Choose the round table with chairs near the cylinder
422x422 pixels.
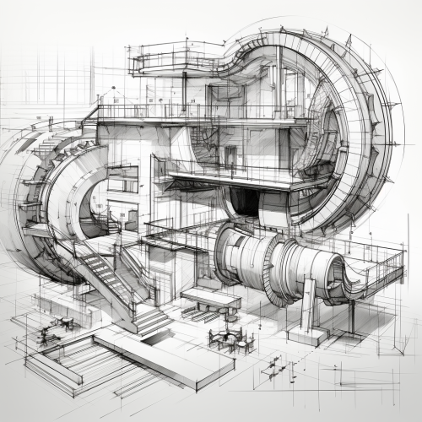230,339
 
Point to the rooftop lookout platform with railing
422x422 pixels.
173,59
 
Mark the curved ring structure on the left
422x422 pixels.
42,194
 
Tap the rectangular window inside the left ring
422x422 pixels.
122,179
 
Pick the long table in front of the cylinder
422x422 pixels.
211,298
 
